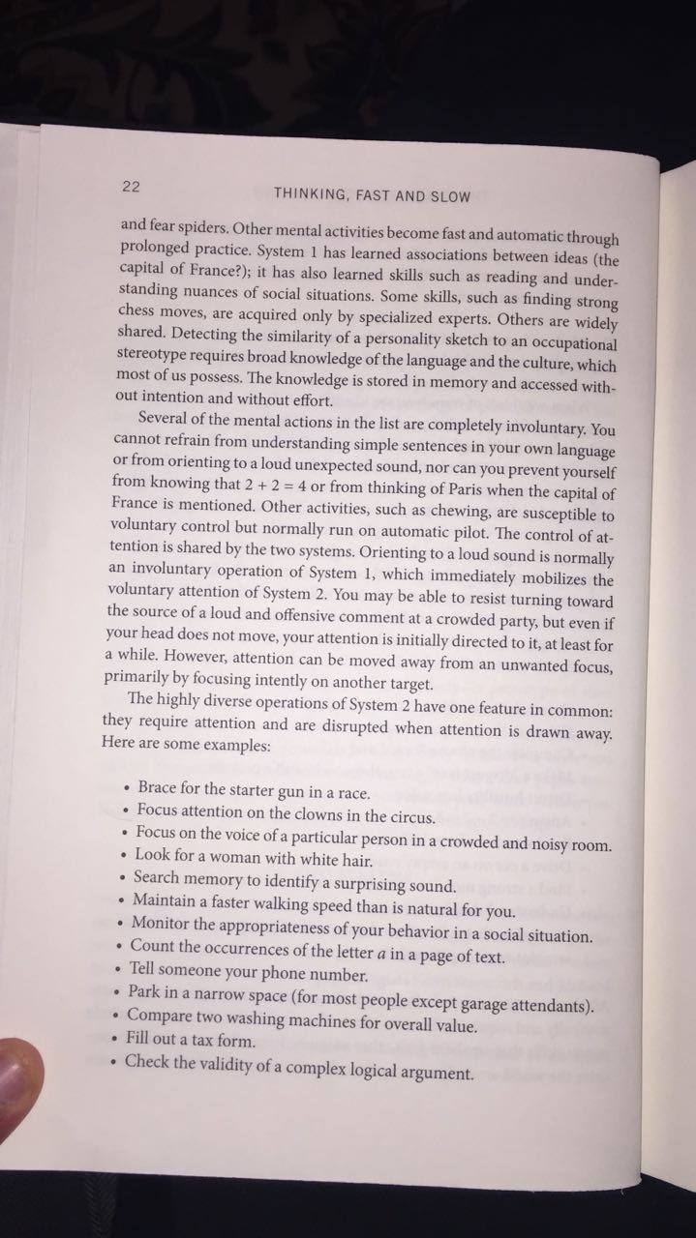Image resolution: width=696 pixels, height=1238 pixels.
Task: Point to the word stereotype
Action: [x=158, y=355]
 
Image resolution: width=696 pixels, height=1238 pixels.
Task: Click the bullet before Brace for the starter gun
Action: [x=126, y=790]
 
